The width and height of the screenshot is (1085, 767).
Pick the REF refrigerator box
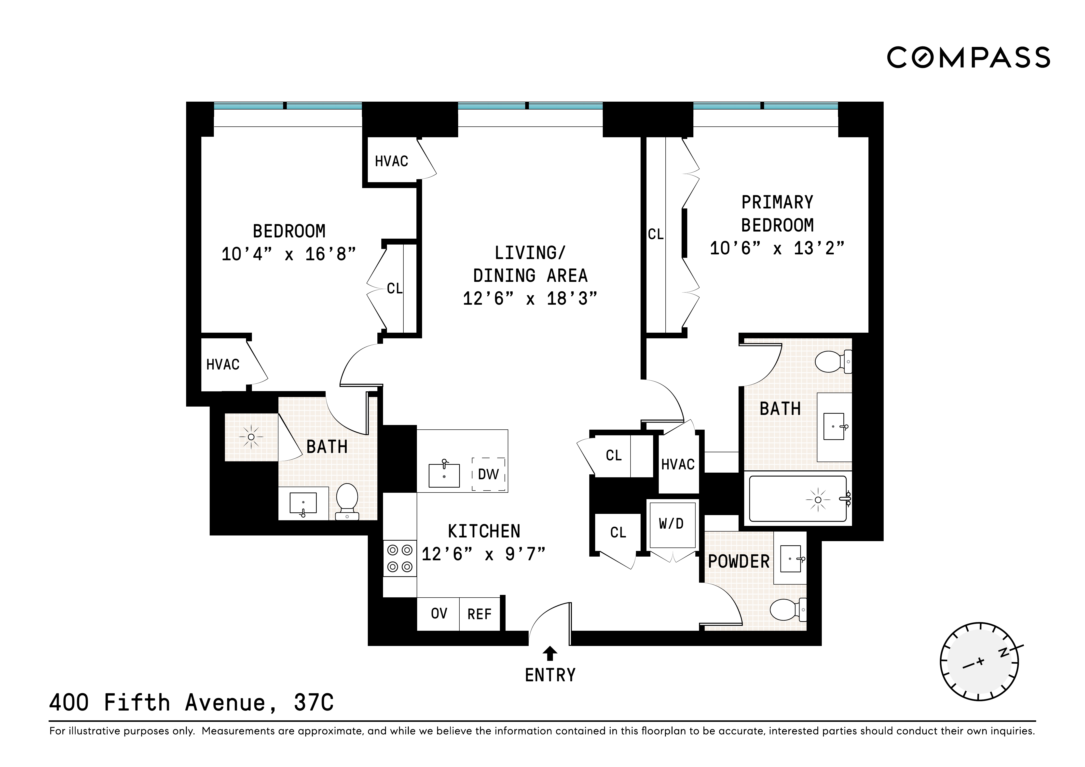coord(480,614)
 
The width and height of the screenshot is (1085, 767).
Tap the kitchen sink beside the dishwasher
coord(444,475)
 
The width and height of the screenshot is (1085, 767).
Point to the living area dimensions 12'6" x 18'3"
coord(530,299)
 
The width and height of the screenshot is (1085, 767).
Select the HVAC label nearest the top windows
coord(391,161)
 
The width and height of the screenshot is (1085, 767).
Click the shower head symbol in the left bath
coord(251,437)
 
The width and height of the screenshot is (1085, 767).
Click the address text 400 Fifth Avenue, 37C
coord(191,703)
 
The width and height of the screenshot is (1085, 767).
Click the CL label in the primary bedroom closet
coord(655,234)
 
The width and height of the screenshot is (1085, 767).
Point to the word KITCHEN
coord(484,531)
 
